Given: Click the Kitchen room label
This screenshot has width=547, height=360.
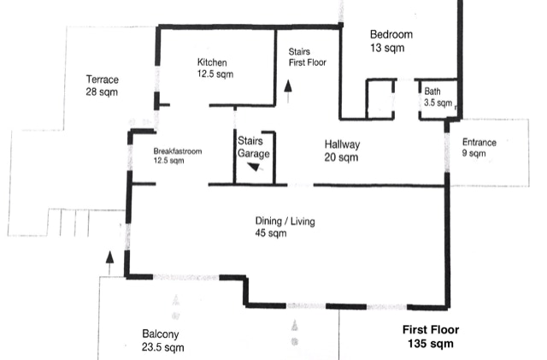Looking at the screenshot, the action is pyautogui.click(x=212, y=62).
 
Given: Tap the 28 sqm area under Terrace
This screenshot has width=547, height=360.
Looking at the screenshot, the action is pyautogui.click(x=102, y=92).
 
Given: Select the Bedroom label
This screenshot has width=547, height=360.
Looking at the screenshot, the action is pyautogui.click(x=391, y=34).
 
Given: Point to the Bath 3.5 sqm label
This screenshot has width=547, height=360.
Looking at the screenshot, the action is pyautogui.click(x=438, y=97).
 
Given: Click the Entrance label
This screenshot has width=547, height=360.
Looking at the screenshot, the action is pyautogui.click(x=479, y=143).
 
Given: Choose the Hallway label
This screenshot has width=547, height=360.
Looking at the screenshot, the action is pyautogui.click(x=342, y=145).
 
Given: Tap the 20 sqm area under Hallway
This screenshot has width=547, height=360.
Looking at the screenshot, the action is pyautogui.click(x=341, y=157).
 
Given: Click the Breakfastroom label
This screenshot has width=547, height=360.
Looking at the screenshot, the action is pyautogui.click(x=178, y=151).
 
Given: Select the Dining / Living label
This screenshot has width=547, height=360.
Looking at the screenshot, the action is pyautogui.click(x=285, y=221).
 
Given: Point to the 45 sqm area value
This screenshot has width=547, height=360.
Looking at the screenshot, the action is pyautogui.click(x=271, y=233).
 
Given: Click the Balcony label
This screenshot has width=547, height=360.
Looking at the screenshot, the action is pyautogui.click(x=161, y=334).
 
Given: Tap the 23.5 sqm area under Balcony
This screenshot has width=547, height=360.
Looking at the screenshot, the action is pyautogui.click(x=163, y=347).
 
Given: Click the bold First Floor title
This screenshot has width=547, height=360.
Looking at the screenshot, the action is pyautogui.click(x=431, y=329).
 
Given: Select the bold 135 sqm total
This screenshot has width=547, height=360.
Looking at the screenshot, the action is pyautogui.click(x=431, y=344).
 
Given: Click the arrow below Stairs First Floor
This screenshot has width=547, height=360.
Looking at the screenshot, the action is pyautogui.click(x=288, y=91).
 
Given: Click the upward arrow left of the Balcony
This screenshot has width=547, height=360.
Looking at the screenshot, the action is pyautogui.click(x=109, y=263).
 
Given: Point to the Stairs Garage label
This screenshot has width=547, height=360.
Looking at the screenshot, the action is pyautogui.click(x=254, y=147).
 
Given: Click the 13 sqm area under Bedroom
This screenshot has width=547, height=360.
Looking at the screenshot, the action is pyautogui.click(x=387, y=48).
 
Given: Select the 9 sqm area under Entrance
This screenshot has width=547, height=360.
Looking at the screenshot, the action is pyautogui.click(x=473, y=153).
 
